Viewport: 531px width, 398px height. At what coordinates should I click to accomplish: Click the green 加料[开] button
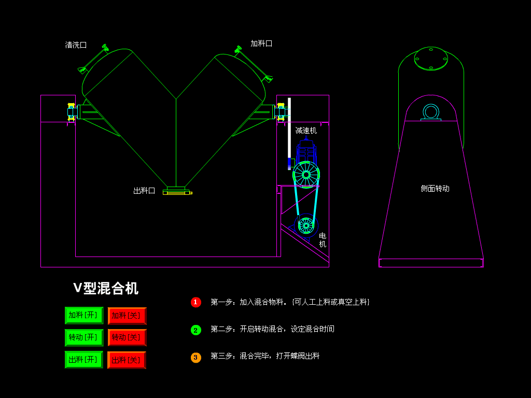[x=83, y=315]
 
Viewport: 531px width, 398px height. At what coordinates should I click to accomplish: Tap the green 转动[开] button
[x=83, y=337]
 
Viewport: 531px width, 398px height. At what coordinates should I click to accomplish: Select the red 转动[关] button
[x=127, y=337]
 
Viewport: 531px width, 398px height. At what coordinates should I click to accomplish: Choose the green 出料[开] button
[x=83, y=359]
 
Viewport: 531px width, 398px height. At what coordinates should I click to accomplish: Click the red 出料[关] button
[x=127, y=360]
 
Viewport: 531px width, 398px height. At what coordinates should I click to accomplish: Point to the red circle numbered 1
[x=195, y=302]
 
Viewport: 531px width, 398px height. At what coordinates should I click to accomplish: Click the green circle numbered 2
[x=195, y=330]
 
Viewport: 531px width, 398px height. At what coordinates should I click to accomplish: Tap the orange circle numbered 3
[x=195, y=358]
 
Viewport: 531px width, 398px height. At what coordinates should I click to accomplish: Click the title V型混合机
[x=106, y=288]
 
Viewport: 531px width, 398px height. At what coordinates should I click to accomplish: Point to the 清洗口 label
[x=76, y=45]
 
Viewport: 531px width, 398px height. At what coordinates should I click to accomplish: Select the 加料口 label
[x=261, y=44]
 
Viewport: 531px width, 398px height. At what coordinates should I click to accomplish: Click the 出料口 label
[x=144, y=191]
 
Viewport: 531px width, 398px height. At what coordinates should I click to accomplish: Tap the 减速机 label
[x=306, y=131]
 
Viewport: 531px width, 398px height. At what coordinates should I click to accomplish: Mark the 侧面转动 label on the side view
[x=435, y=189]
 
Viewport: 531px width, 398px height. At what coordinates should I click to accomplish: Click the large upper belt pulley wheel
[x=306, y=175]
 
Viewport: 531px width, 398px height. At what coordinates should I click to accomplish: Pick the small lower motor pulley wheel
[x=306, y=225]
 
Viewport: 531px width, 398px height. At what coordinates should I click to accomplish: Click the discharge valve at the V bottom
[x=176, y=191]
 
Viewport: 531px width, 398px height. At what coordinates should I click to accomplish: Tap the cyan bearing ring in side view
[x=430, y=111]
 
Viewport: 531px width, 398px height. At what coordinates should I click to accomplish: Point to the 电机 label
[x=323, y=240]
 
